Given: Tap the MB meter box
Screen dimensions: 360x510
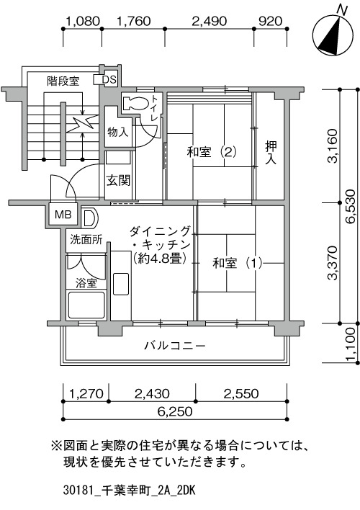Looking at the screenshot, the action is [63, 215].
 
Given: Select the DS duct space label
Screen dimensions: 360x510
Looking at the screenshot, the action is [109, 80].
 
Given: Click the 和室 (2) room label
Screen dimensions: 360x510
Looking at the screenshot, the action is [212, 152].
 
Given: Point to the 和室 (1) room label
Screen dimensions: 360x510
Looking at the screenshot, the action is [237, 263].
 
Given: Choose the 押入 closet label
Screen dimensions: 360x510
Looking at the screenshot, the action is [271, 153].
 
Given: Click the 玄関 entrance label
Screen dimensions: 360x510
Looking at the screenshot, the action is [118, 180].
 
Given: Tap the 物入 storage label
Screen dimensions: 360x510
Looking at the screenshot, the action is [118, 132].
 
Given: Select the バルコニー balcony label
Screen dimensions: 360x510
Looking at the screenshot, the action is [175, 346].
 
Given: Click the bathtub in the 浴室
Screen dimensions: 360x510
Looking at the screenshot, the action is [86, 305].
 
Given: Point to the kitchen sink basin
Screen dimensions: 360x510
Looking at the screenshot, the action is [121, 284].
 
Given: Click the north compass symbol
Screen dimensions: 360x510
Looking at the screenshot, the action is [333, 36].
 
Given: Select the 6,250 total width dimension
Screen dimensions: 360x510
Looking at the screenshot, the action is [175, 411].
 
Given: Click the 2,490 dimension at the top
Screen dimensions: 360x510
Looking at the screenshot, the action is [209, 21].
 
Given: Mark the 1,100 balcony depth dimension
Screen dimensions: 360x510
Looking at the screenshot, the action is [351, 344].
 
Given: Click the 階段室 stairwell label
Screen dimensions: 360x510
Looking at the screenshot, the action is [63, 81].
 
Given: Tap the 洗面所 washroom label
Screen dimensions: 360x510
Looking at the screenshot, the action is [86, 240].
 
